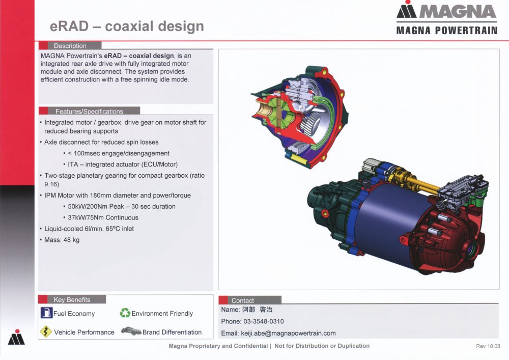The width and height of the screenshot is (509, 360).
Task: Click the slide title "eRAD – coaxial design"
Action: (x=127, y=26)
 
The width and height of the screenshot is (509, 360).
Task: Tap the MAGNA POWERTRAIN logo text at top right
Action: (x=447, y=31)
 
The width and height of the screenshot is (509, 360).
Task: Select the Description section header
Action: (x=70, y=46)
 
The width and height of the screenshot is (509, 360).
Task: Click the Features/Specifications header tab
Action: (x=89, y=111)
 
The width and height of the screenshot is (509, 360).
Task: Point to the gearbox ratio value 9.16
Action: (x=51, y=184)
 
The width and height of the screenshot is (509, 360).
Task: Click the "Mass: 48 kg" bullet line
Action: (x=62, y=240)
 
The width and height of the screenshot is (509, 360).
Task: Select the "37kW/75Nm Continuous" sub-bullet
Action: (x=103, y=217)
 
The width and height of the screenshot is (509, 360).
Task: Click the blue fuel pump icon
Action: (x=46, y=313)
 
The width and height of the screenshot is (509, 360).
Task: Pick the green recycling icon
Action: (x=125, y=313)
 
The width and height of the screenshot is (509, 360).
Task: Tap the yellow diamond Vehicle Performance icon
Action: (x=46, y=331)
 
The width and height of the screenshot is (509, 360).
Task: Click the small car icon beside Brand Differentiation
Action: (x=131, y=331)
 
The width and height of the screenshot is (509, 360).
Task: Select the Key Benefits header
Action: (x=72, y=299)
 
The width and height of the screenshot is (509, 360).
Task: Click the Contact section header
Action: (x=243, y=300)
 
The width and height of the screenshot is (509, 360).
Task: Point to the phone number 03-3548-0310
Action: (x=264, y=321)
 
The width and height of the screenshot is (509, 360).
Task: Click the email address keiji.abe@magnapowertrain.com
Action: (x=288, y=334)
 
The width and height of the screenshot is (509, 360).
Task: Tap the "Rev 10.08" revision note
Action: (x=488, y=346)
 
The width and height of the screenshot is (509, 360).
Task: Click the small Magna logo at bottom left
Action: (x=16, y=337)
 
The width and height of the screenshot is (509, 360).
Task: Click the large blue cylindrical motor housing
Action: (x=389, y=221)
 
